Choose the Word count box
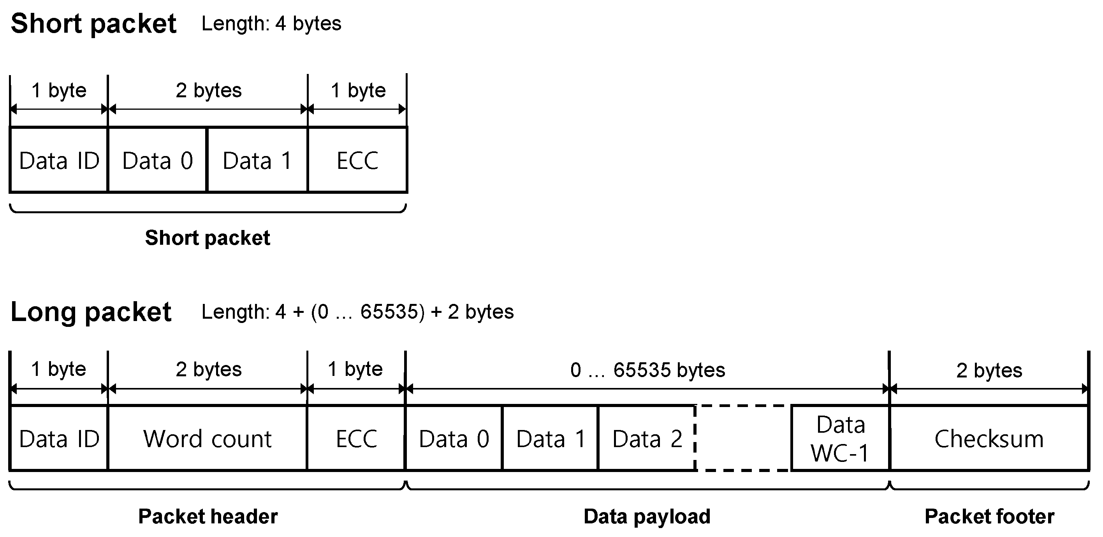coord(208,439)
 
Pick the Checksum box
coord(989,439)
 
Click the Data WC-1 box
coord(840,439)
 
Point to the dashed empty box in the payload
coord(743,439)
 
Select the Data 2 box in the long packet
coord(647,439)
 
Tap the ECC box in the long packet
coord(356,439)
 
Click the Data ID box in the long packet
coord(59,439)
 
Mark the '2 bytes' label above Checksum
coord(989,370)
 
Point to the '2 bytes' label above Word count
coord(209,369)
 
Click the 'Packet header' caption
coord(208,516)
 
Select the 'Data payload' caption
coord(647,516)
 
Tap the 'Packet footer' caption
coord(989,516)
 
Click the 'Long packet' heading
coord(91,312)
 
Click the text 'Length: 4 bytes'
coord(271,23)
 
